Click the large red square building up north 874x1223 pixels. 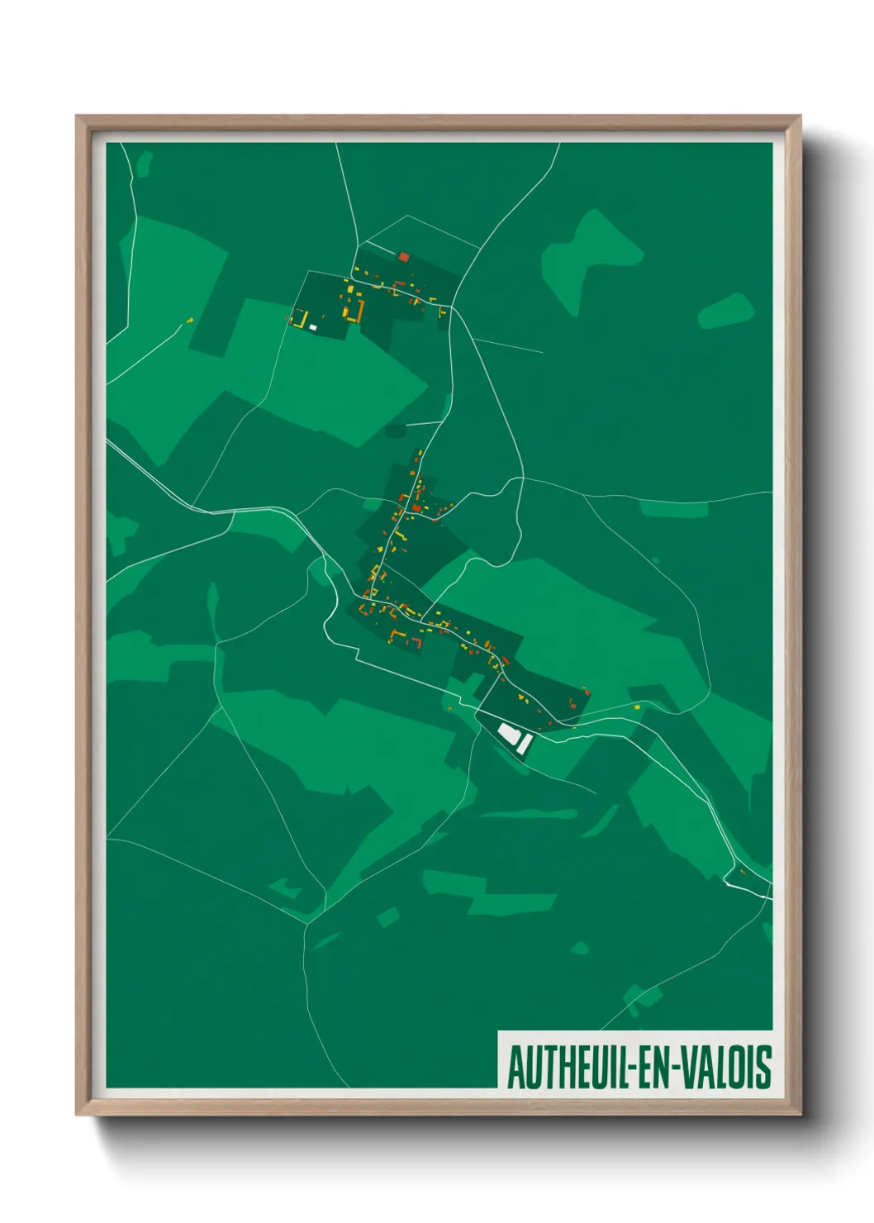pyautogui.click(x=404, y=257)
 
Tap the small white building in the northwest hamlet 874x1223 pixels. pyautogui.click(x=313, y=327)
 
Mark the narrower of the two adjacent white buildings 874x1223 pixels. pyautogui.click(x=524, y=744)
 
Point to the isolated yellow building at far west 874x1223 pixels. pyautogui.click(x=190, y=320)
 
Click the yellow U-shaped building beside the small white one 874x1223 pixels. pyautogui.click(x=302, y=319)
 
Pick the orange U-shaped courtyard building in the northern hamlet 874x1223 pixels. pyautogui.click(x=356, y=312)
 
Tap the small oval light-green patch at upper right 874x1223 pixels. pyautogui.click(x=726, y=311)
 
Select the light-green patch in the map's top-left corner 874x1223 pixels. pyautogui.click(x=145, y=163)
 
